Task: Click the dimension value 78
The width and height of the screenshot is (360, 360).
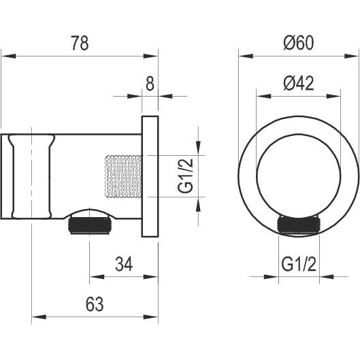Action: tap(80, 43)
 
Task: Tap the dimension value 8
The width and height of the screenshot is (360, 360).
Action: tap(150, 84)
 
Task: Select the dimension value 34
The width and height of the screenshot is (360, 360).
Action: tap(124, 264)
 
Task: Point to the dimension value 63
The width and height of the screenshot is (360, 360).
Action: tap(95, 304)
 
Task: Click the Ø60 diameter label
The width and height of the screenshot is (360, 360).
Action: tap(298, 43)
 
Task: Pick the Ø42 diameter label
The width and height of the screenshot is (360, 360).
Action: tap(298, 83)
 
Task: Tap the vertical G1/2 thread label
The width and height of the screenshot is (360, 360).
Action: tap(185, 176)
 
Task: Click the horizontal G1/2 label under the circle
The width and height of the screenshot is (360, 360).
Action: tap(299, 264)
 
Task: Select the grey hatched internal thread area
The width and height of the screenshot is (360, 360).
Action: tap(123, 176)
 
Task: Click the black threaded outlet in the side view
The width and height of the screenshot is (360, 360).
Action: tap(89, 226)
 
